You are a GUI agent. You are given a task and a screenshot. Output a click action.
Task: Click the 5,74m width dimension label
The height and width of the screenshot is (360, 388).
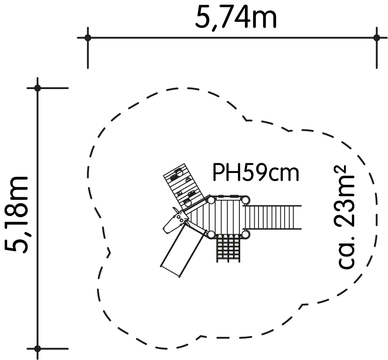click(236, 17)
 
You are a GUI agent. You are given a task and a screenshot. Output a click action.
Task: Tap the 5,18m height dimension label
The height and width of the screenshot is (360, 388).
click(16, 215)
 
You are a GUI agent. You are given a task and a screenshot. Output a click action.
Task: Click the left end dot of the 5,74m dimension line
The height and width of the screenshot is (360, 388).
click(88, 38)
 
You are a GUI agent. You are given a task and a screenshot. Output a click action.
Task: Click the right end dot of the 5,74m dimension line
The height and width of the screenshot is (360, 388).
click(377, 38)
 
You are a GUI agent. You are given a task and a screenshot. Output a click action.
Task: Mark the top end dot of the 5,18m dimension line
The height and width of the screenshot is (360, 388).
click(37, 88)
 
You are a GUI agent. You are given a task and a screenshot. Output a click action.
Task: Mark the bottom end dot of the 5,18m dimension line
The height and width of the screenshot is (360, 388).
click(37, 348)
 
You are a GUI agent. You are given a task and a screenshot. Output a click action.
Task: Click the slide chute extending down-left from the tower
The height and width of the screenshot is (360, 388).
click(183, 250)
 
